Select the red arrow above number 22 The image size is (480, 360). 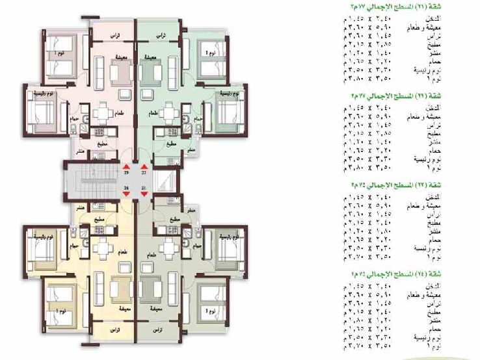click(144, 168)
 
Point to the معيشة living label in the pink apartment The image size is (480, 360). click(120, 57)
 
